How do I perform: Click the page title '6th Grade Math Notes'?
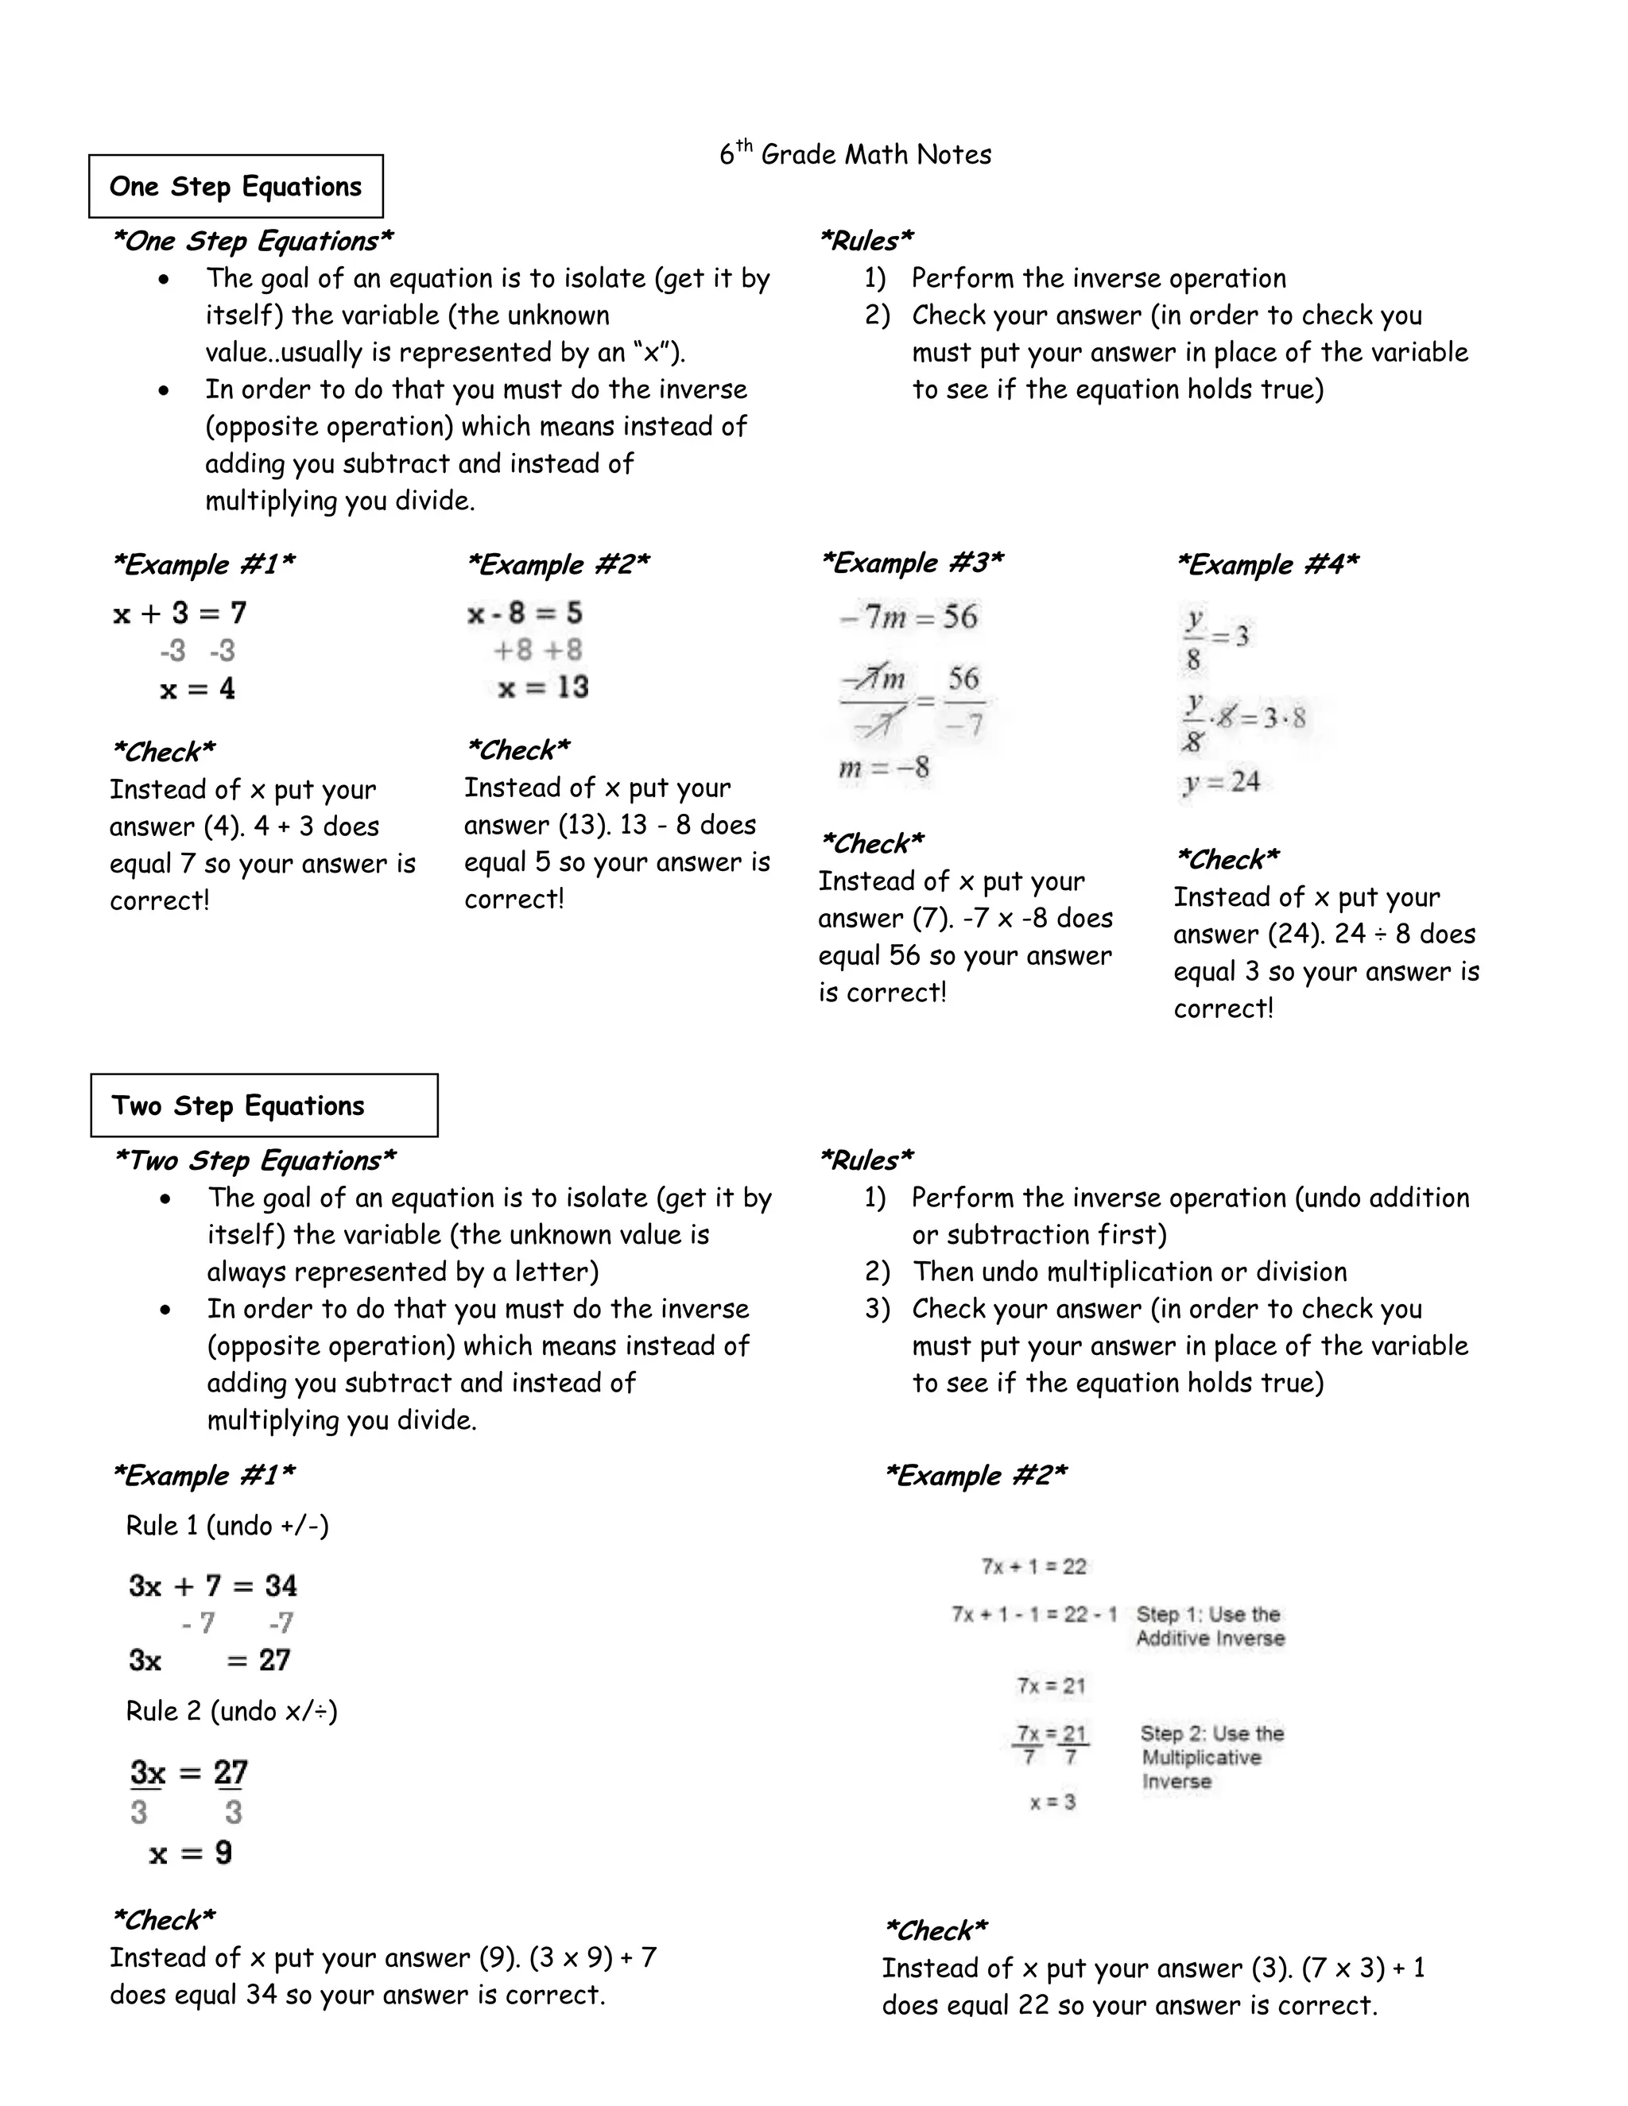pos(855,154)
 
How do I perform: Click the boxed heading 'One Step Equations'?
pos(235,186)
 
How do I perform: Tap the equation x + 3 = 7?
pos(180,614)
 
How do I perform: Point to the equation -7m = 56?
pos(909,616)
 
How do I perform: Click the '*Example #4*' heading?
pos(1266,564)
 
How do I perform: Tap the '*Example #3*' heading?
pos(912,562)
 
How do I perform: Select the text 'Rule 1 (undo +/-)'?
pos(227,1526)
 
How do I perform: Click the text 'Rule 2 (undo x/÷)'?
pos(231,1711)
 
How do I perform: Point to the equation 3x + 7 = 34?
pos(213,1585)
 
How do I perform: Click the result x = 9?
pos(191,1852)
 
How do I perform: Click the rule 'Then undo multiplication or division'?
pos(1129,1272)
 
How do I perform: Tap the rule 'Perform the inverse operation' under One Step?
pos(1098,279)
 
